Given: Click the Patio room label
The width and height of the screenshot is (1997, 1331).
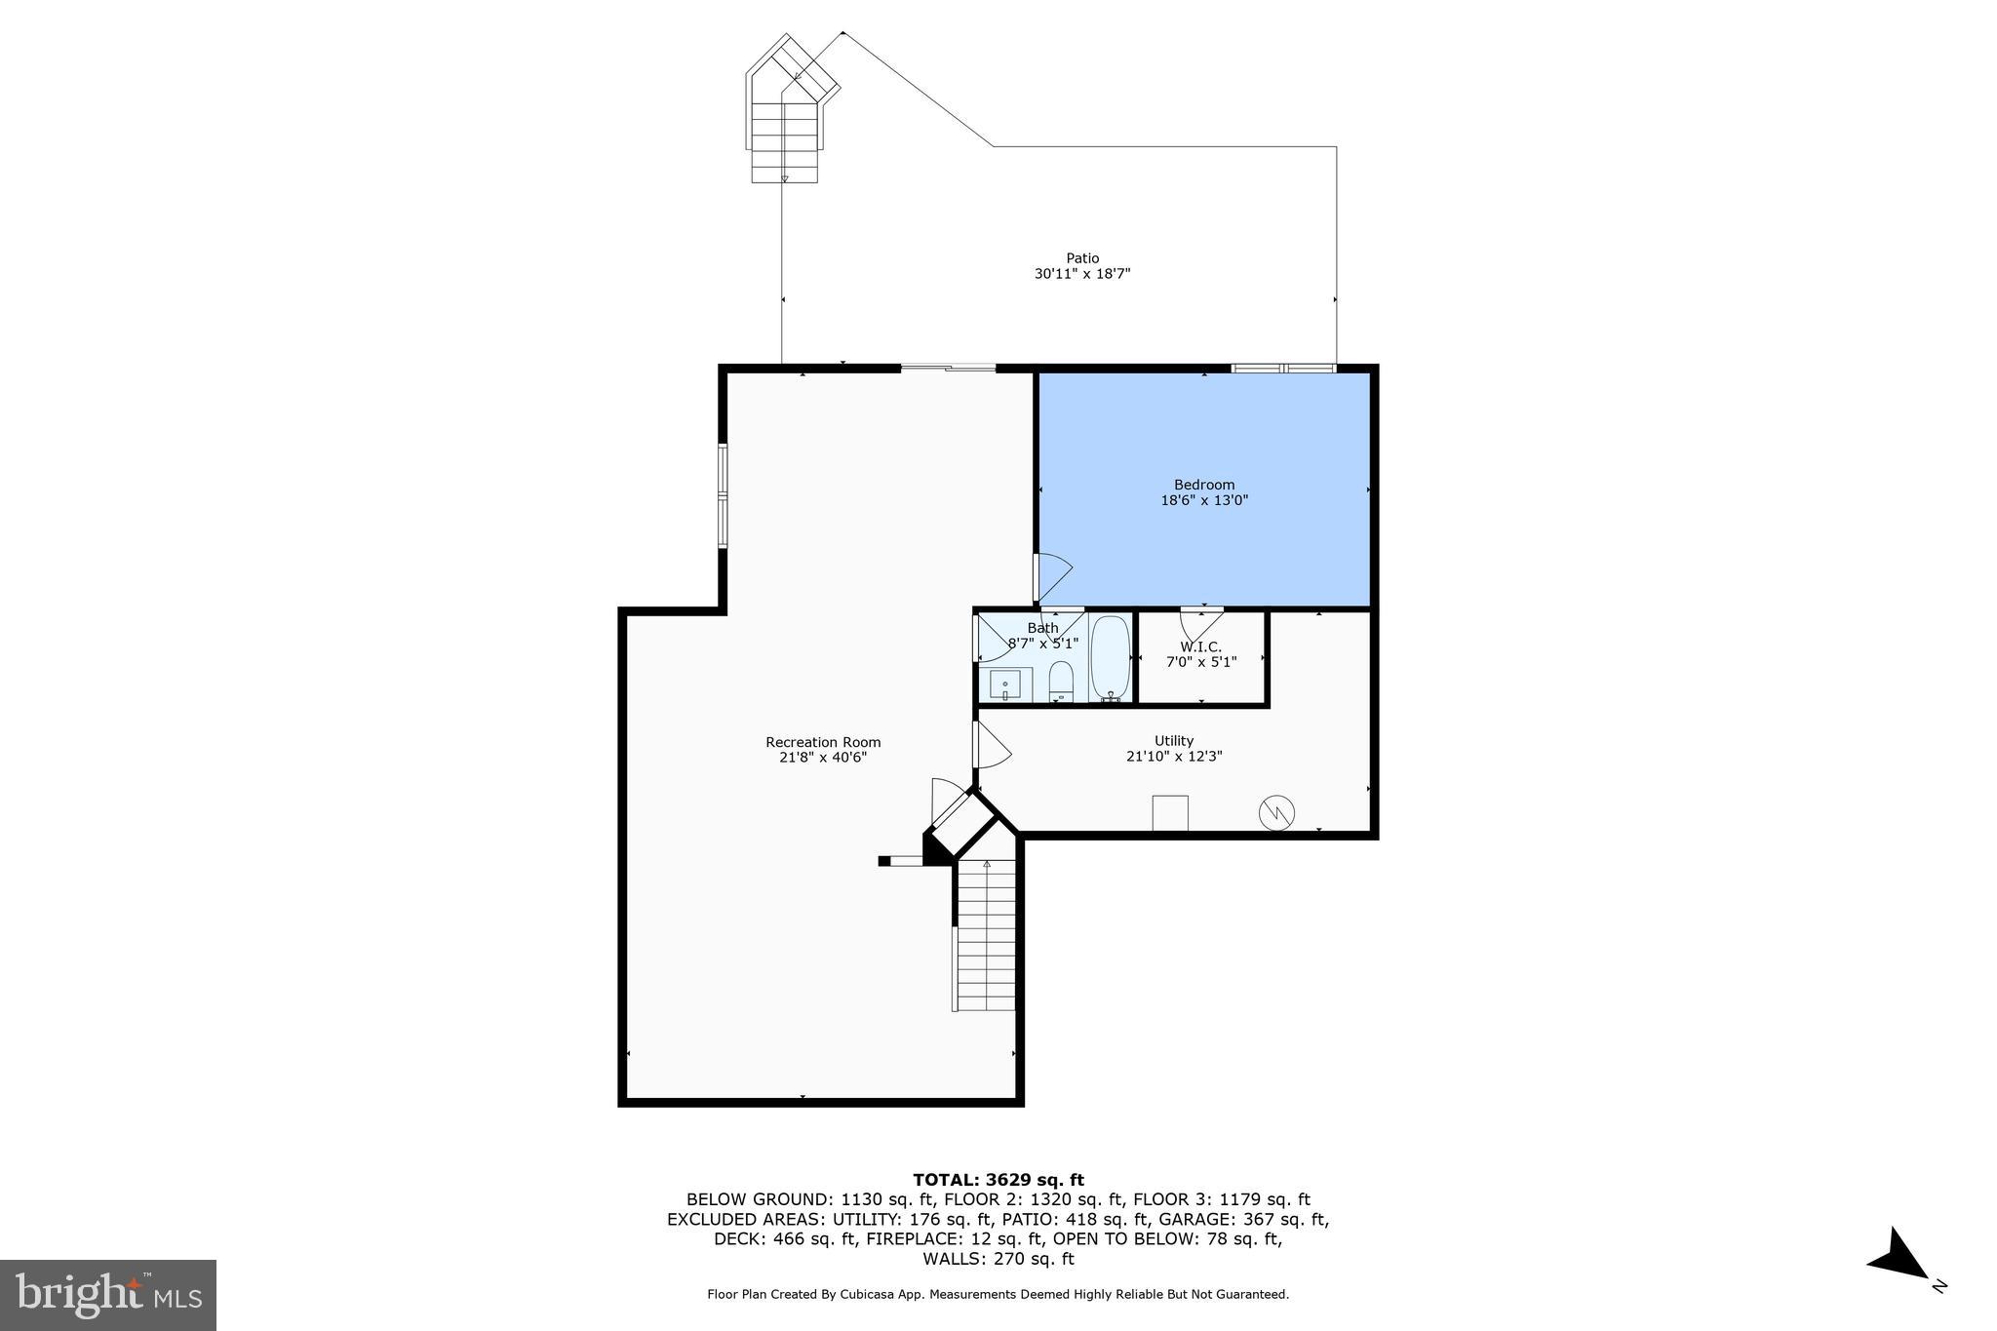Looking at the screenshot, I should (1081, 258).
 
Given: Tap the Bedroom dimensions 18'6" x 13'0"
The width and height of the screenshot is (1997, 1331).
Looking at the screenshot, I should (1203, 500).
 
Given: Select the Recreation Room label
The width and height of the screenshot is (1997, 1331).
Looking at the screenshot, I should (822, 742).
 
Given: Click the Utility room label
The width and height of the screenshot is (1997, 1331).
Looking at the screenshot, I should (1173, 740).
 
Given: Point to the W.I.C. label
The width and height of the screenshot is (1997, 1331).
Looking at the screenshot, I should (1200, 646).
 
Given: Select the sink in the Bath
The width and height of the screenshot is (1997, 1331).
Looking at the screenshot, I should (1004, 685).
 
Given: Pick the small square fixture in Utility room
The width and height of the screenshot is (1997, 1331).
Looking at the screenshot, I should (1169, 812).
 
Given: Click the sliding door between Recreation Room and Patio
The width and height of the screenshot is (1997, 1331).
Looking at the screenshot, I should (948, 368).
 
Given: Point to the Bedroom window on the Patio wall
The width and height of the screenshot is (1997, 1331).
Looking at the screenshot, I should (1282, 368).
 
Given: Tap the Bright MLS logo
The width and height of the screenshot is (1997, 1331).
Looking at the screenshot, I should (107, 1295).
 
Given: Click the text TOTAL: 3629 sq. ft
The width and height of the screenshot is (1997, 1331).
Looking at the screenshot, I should (998, 1180).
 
